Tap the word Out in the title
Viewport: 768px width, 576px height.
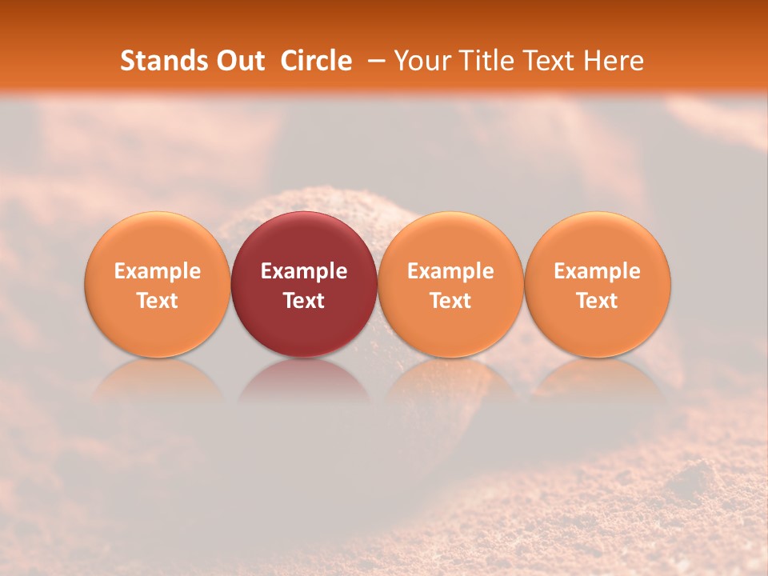(x=239, y=61)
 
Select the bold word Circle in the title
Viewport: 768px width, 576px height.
(x=316, y=61)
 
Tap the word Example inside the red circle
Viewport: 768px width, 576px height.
(x=304, y=271)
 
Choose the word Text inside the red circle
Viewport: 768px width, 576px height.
(x=304, y=301)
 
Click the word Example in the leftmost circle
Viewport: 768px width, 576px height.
(x=157, y=271)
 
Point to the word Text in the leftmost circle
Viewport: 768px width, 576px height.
(x=157, y=301)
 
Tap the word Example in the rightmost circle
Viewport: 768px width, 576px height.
(x=598, y=271)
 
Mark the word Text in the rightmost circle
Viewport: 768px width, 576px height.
(x=598, y=301)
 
